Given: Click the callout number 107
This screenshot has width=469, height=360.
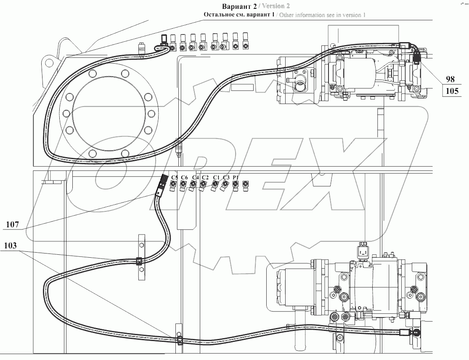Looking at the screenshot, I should (x=12, y=224).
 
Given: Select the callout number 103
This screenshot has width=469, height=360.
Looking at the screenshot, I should (x=12, y=245).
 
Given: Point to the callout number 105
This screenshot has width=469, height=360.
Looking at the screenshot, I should (x=451, y=91).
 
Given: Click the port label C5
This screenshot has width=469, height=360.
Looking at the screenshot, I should (x=175, y=177).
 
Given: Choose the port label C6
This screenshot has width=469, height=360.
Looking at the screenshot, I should (x=184, y=177).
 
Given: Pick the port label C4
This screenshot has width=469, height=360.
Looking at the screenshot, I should (x=195, y=177).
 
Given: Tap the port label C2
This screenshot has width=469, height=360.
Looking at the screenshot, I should (x=205, y=177).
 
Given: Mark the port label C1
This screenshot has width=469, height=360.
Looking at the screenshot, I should (x=217, y=177).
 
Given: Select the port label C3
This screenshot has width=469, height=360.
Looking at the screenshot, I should (x=226, y=177).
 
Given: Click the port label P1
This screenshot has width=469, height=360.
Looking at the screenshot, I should (x=236, y=177).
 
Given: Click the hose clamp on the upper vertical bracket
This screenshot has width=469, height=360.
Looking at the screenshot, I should (x=139, y=261).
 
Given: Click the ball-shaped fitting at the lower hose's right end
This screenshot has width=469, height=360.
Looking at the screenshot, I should (x=416, y=332).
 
